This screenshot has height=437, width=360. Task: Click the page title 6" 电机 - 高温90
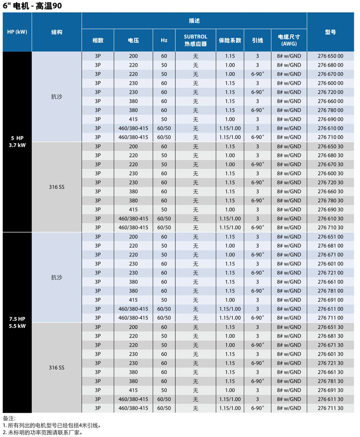(x=31, y=6)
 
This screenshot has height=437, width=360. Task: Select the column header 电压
(x=133, y=40)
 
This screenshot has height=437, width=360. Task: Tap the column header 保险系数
(x=229, y=40)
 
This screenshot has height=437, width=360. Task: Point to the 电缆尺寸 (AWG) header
(x=289, y=40)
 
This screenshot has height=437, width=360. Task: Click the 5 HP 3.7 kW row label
(x=17, y=142)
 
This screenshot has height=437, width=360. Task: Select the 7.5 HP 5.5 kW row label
(x=17, y=322)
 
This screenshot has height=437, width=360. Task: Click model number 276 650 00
(x=330, y=56)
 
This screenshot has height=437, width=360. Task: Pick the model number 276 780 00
(x=330, y=110)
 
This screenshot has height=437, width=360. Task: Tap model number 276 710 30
(x=330, y=228)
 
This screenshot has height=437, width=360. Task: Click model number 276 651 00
(x=330, y=237)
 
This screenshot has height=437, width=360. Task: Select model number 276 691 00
(x=330, y=300)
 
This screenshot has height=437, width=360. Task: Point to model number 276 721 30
(x=330, y=363)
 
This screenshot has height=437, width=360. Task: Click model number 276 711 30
(x=330, y=408)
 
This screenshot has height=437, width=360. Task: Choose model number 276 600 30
(x=330, y=173)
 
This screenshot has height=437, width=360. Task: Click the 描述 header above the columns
(x=194, y=21)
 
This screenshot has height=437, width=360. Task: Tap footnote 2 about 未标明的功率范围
(x=43, y=432)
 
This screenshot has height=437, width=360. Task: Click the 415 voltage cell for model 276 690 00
(x=133, y=119)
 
